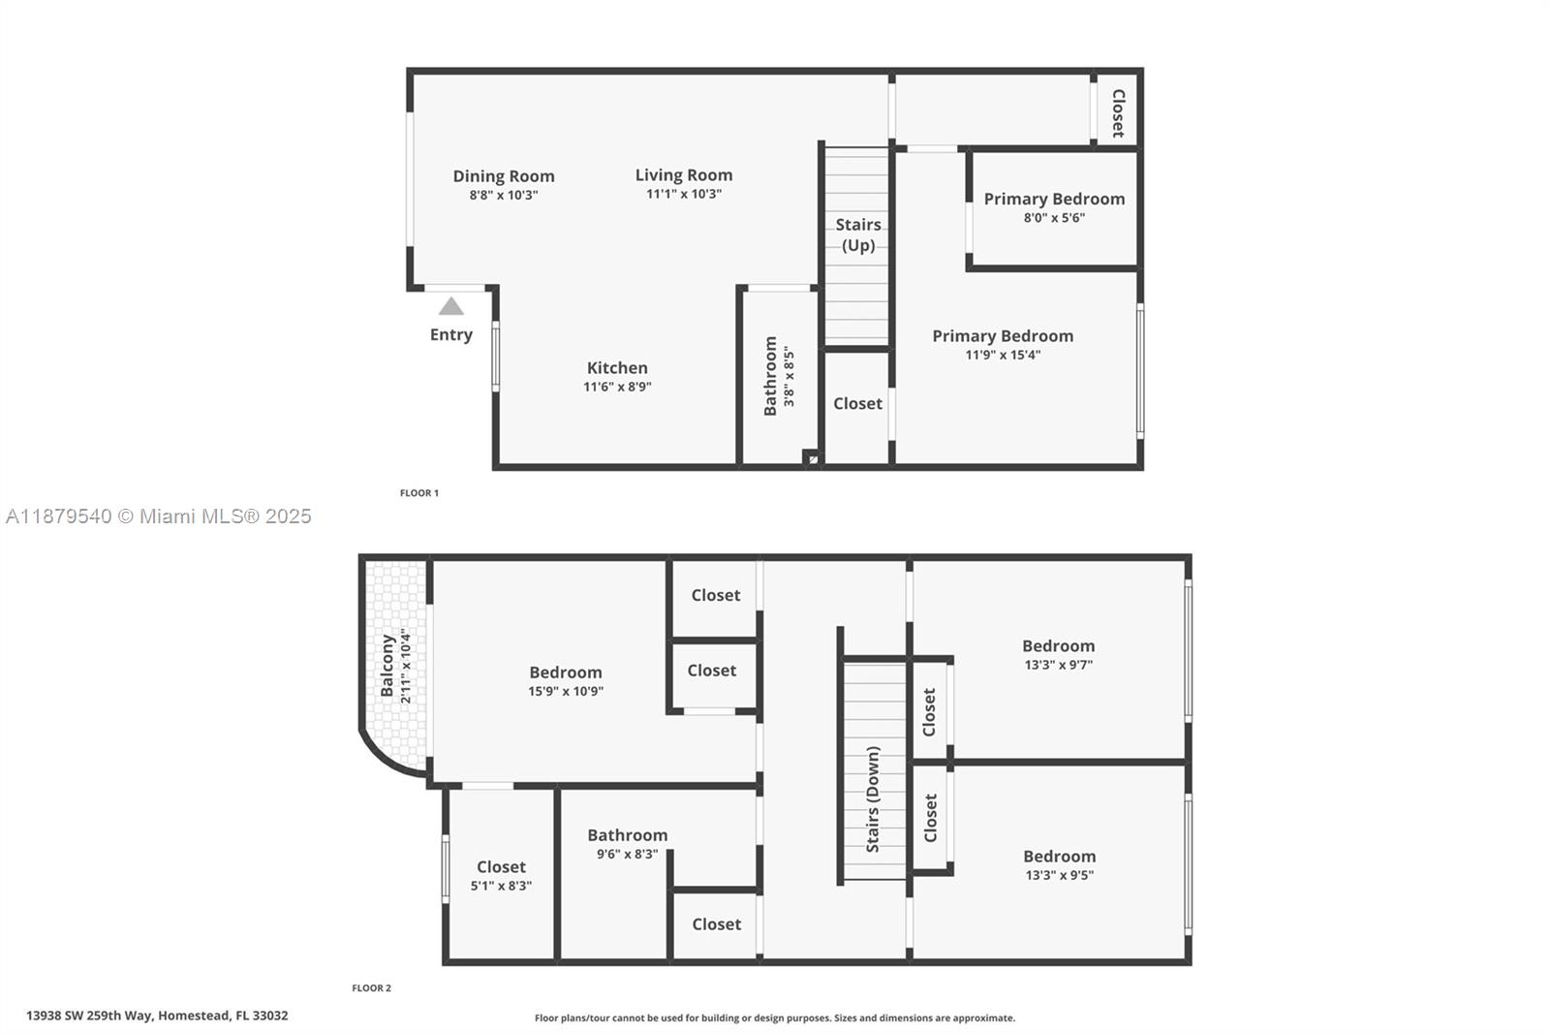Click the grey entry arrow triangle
click(x=451, y=307)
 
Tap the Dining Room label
click(x=504, y=176)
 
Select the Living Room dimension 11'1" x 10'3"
click(x=684, y=194)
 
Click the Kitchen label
click(x=617, y=368)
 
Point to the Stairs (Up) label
click(x=857, y=235)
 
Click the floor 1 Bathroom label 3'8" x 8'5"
click(x=779, y=376)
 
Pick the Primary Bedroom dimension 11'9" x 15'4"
click(x=1003, y=355)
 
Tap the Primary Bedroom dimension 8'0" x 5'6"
click(x=1054, y=218)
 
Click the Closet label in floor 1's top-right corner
click(x=1118, y=113)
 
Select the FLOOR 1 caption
click(x=419, y=493)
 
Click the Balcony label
click(x=388, y=666)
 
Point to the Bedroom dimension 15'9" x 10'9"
click(x=566, y=692)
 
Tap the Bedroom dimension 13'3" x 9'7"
click(x=1058, y=665)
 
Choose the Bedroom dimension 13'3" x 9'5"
click(x=1059, y=875)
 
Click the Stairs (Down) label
click(x=873, y=799)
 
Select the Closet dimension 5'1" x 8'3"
click(x=501, y=886)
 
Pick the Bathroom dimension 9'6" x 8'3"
click(x=627, y=855)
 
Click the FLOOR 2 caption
click(x=371, y=988)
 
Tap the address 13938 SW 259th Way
click(x=157, y=1016)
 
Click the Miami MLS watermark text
click(x=159, y=516)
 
